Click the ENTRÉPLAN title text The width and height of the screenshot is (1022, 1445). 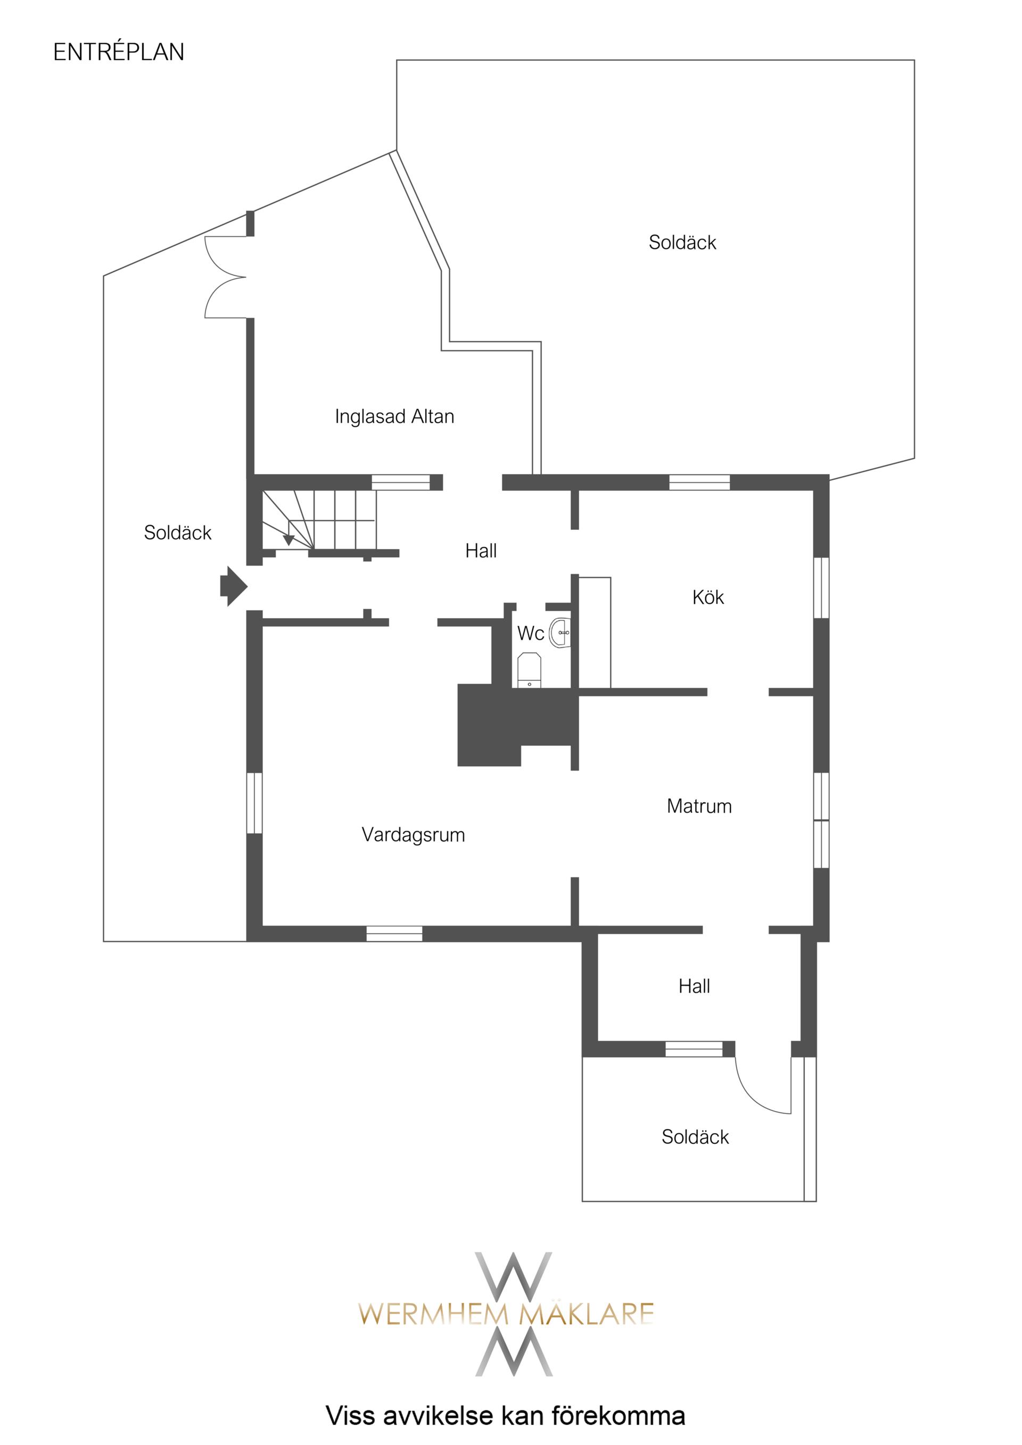point(118,52)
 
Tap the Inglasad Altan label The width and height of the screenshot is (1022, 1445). point(394,417)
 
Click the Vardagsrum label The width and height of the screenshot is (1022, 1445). point(413,835)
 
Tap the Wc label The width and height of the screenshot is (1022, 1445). point(530,633)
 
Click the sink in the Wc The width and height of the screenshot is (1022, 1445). point(560,633)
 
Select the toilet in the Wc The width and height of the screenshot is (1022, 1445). point(529,670)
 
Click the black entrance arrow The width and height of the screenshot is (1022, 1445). point(233,586)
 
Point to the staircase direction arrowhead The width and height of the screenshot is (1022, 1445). point(289,539)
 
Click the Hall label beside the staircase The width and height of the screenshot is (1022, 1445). point(481,551)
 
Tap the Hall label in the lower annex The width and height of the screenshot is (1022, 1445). point(694,986)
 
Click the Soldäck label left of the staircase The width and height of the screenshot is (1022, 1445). point(178,533)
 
